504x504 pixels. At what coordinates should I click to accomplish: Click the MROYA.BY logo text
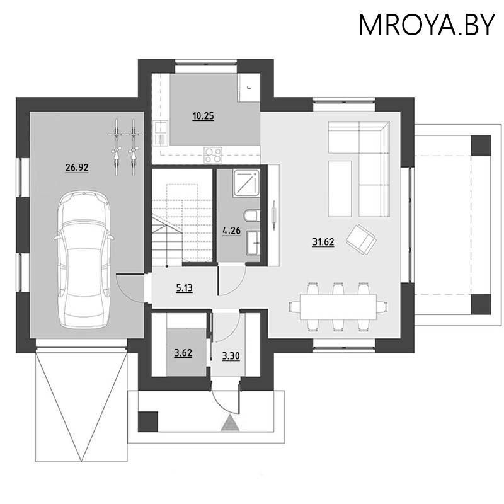(427, 25)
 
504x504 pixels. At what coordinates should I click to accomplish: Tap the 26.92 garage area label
(76, 168)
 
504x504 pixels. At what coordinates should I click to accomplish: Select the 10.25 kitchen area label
(203, 116)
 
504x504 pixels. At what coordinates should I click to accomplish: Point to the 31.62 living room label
(323, 241)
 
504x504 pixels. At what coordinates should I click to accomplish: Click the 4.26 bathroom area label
(232, 231)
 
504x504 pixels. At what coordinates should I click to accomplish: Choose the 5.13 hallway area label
(185, 289)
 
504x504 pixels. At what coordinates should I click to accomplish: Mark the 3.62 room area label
(183, 353)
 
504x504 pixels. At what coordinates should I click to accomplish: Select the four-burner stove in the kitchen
(214, 153)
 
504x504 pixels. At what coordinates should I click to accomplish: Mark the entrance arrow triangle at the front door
(232, 423)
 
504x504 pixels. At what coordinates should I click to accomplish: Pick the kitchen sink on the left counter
(161, 132)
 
